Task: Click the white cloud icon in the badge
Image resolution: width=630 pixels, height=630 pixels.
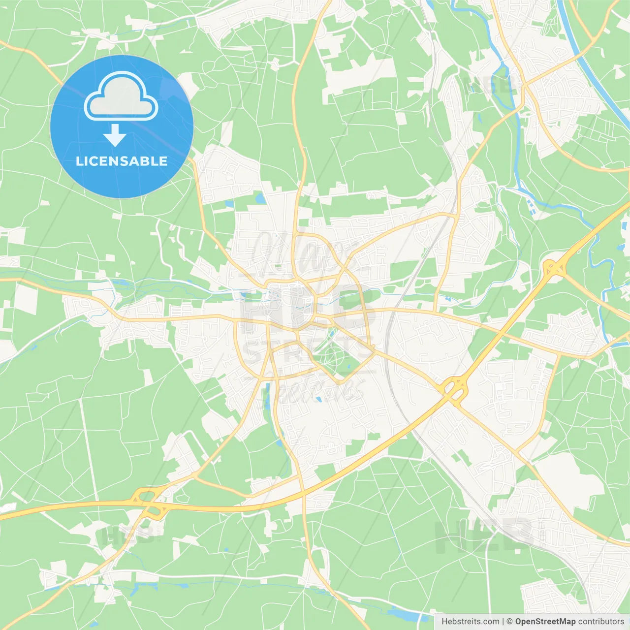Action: click(121, 96)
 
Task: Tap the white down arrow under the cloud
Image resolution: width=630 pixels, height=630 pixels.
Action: click(115, 135)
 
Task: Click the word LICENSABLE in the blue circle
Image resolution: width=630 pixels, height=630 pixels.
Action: click(122, 161)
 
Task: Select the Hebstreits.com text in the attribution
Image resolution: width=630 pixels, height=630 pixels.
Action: click(470, 622)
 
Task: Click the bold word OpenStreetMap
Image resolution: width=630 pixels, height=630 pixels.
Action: click(545, 622)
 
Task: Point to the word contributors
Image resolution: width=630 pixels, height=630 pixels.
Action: click(600, 622)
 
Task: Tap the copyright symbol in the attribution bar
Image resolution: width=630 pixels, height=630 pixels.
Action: click(509, 622)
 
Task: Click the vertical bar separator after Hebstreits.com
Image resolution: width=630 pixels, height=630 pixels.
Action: click(503, 622)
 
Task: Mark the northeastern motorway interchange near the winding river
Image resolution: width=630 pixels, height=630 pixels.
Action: click(554, 268)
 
